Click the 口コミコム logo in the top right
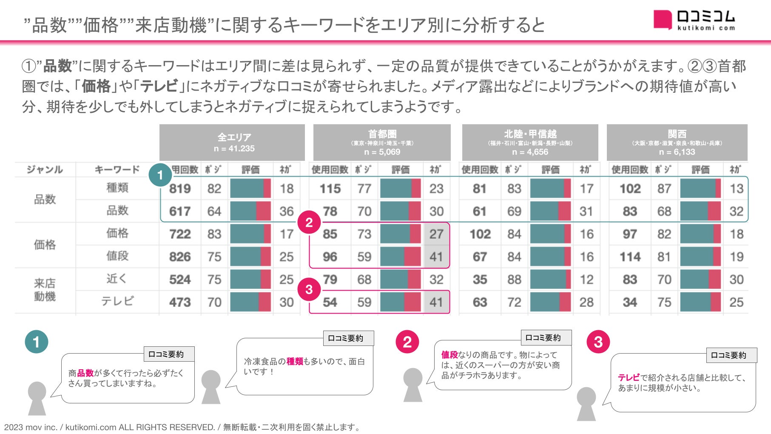coord(694,20)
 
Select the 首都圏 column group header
coord(382,142)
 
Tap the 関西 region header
coord(677,142)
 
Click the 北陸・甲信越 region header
coord(530,142)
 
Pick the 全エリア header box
coord(232,142)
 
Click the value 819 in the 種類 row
coord(180,188)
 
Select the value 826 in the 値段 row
coord(180,257)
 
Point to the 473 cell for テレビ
coord(180,302)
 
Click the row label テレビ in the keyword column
coord(117,301)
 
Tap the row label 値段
coord(117,256)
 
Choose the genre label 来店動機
coord(45,290)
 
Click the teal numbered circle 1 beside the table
coord(160,175)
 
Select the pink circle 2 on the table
coord(309,222)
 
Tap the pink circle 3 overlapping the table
coord(309,290)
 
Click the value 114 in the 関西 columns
coord(630,257)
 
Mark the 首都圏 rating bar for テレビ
coord(400,302)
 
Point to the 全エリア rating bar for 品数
coord(250,211)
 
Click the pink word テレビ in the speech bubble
coord(629,377)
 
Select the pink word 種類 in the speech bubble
coord(295,361)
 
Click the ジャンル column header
coord(45,170)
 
